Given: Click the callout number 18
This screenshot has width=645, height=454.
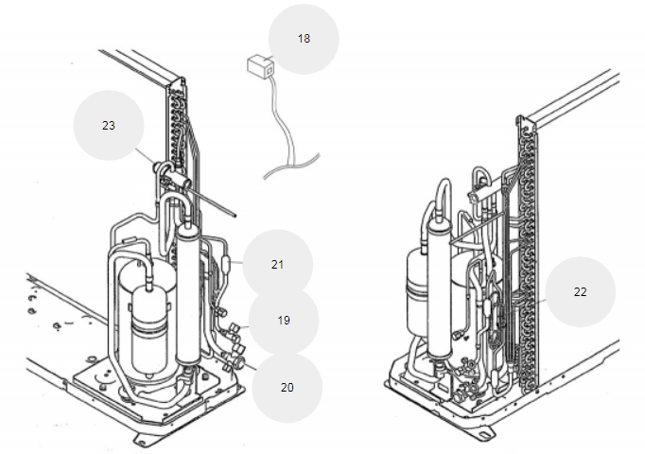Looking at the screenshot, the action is [x=304, y=39].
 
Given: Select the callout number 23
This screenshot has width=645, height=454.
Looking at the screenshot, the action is [x=109, y=126].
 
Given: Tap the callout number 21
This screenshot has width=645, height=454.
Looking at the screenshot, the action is [x=278, y=265].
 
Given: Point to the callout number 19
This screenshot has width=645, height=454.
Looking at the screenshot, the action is [x=284, y=321].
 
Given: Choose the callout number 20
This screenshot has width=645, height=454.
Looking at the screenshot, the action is [x=288, y=388].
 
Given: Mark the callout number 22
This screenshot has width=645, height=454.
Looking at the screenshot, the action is [x=580, y=292].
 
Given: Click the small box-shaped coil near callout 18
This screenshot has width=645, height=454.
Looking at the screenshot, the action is [x=260, y=65].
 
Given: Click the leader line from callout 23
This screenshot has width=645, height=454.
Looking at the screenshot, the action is [x=146, y=156].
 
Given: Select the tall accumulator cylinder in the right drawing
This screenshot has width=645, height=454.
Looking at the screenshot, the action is [x=440, y=288].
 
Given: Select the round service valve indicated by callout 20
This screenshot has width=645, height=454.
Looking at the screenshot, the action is [x=239, y=362].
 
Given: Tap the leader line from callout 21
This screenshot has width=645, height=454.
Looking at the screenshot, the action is [x=236, y=262].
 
